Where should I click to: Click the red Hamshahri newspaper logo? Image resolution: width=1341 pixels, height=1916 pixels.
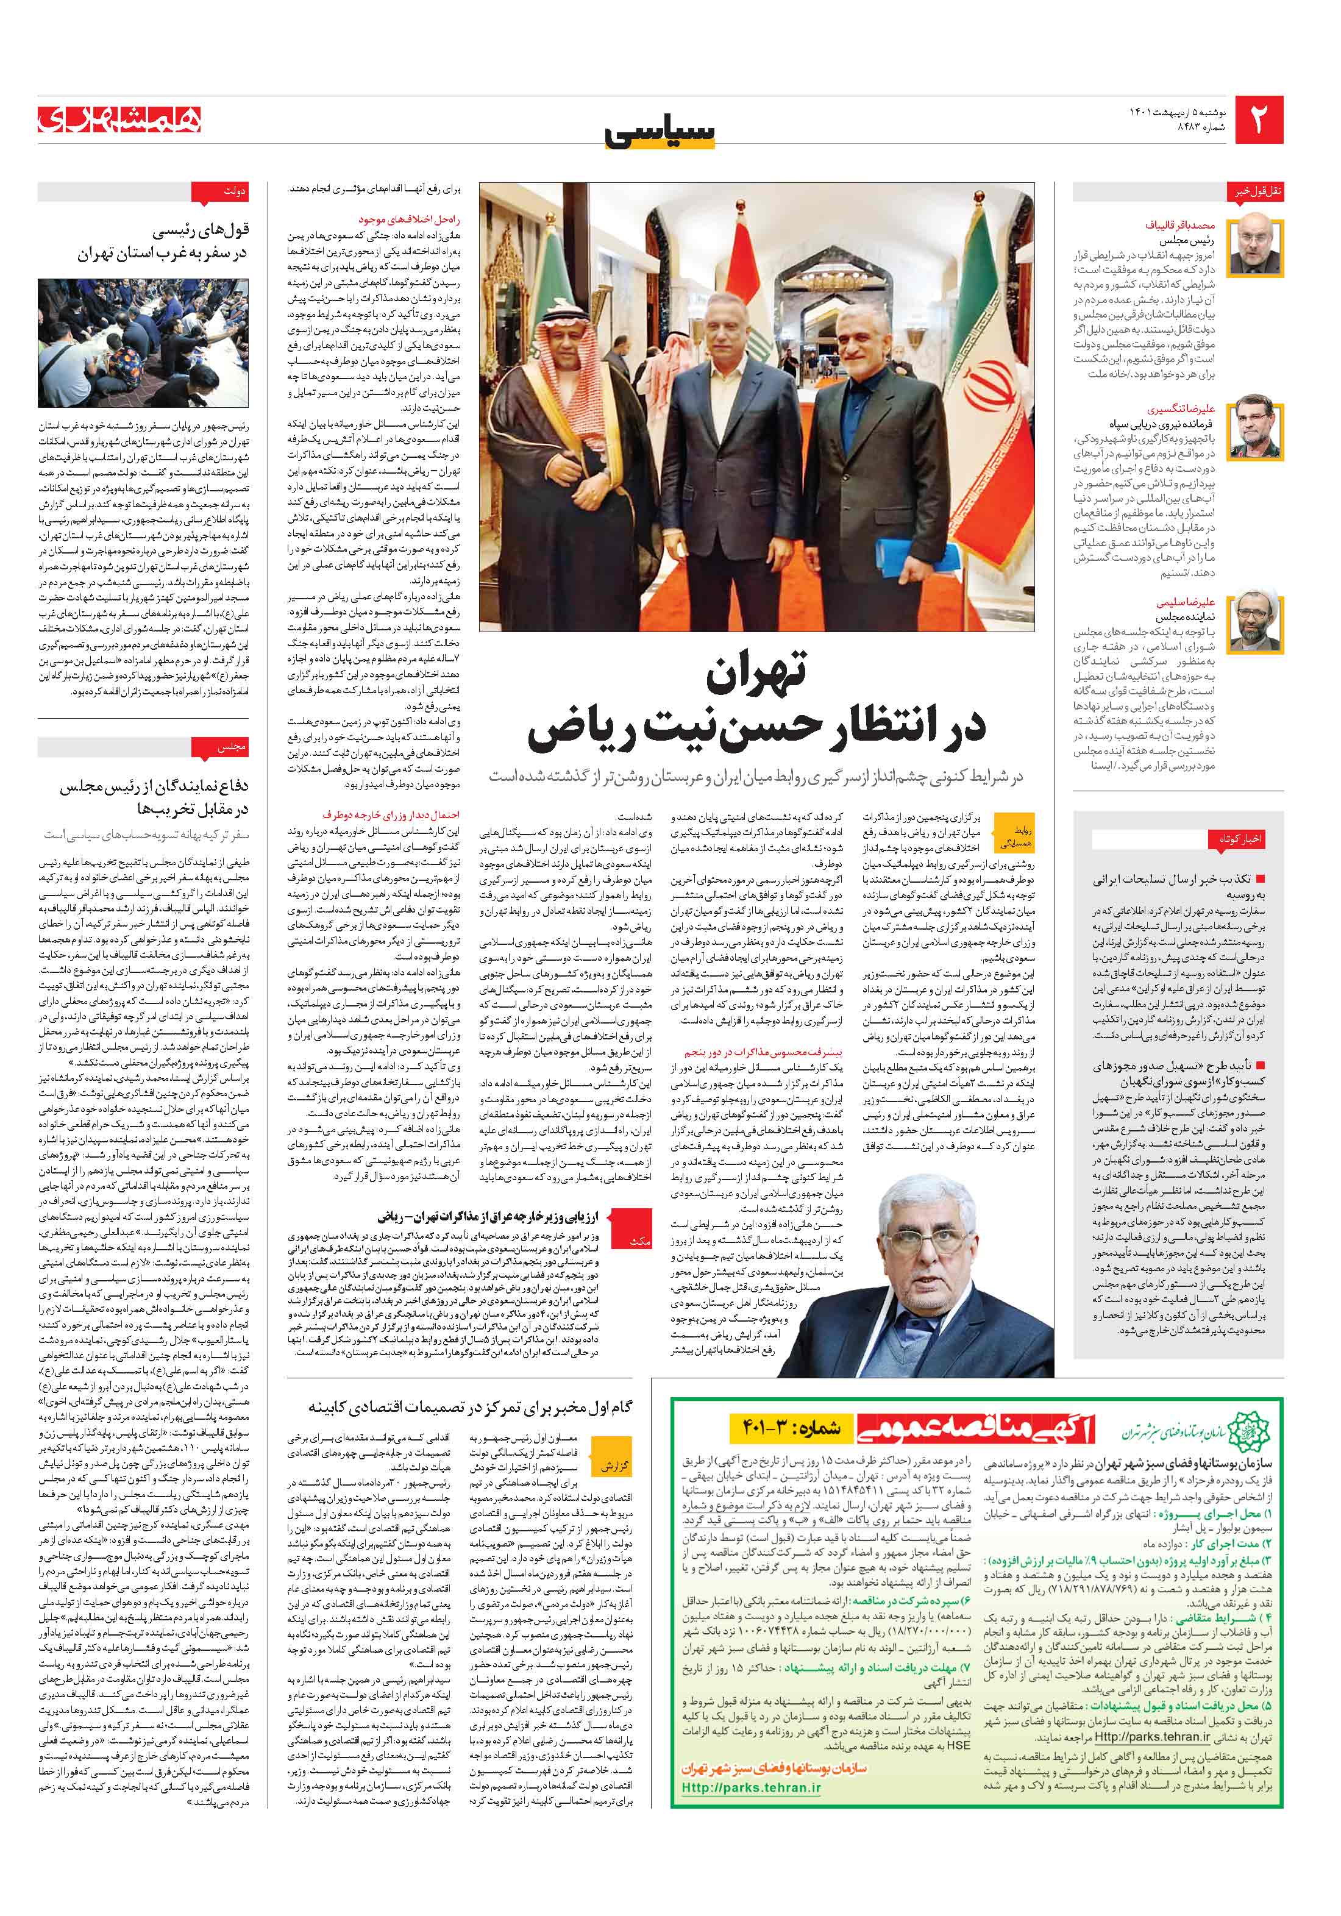(119, 120)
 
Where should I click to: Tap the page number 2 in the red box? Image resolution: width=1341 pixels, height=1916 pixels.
(1258, 120)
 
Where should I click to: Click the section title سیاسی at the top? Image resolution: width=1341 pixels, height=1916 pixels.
(660, 134)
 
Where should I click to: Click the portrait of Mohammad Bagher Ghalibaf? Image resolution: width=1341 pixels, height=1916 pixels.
(1256, 245)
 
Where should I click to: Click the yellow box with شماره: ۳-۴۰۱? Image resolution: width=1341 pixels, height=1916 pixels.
(787, 1430)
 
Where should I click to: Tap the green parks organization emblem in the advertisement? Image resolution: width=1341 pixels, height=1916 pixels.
(1253, 1430)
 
